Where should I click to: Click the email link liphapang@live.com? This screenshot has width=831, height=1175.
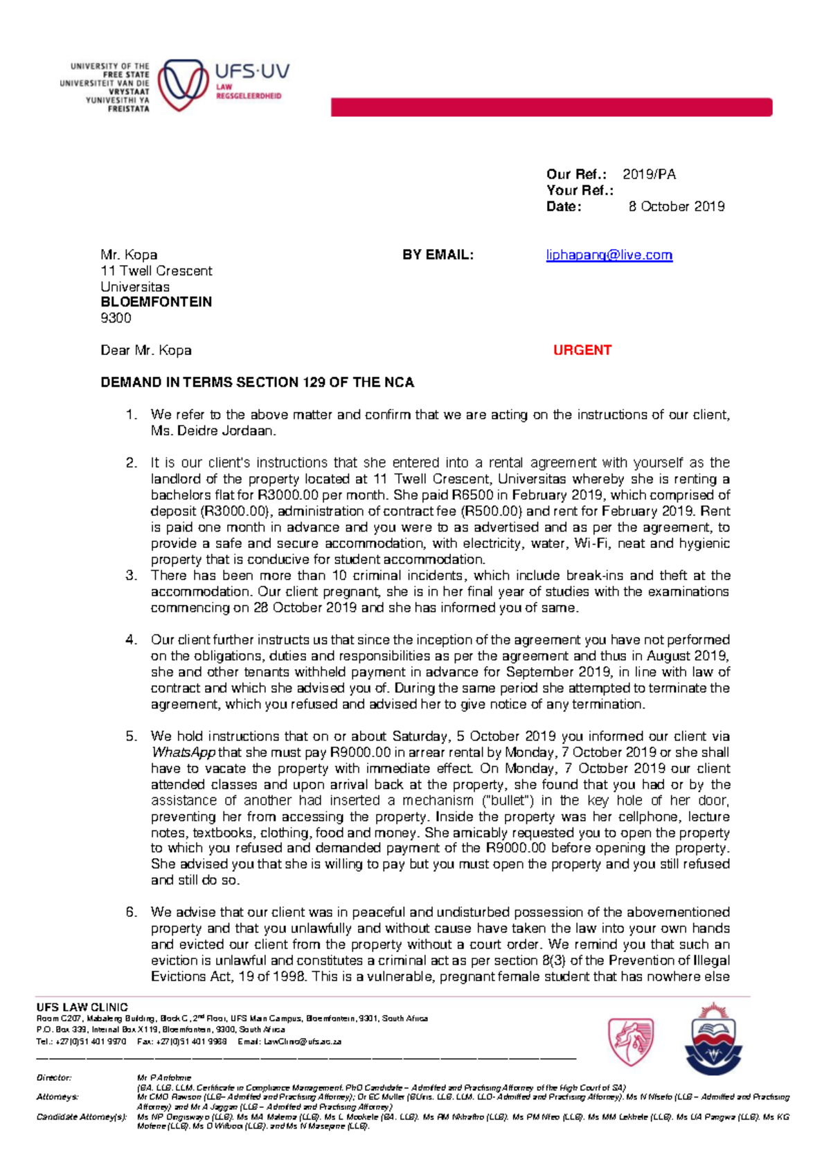pyautogui.click(x=609, y=255)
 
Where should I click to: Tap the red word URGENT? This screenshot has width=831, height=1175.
pyautogui.click(x=582, y=350)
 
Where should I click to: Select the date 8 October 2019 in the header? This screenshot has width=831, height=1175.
pyautogui.click(x=676, y=206)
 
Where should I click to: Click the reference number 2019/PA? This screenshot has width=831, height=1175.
pyautogui.click(x=649, y=174)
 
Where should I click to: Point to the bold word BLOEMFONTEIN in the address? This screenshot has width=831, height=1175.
pyautogui.click(x=156, y=302)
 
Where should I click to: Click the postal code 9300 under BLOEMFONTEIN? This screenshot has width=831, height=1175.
pyautogui.click(x=116, y=318)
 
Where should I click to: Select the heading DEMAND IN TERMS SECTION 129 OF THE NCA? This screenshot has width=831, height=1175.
pyautogui.click(x=257, y=383)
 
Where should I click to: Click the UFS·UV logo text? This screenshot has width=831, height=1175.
pyautogui.click(x=252, y=71)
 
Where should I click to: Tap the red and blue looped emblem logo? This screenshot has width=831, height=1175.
pyautogui.click(x=183, y=85)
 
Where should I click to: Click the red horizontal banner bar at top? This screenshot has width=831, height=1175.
pyautogui.click(x=551, y=107)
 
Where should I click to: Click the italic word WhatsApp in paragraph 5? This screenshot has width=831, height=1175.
pyautogui.click(x=183, y=753)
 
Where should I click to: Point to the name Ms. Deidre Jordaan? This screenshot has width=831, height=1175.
pyautogui.click(x=213, y=431)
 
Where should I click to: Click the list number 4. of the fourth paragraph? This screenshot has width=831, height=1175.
pyautogui.click(x=132, y=640)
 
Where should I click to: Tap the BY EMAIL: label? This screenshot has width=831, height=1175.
pyautogui.click(x=438, y=255)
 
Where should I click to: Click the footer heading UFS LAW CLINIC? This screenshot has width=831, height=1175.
pyautogui.click(x=82, y=1008)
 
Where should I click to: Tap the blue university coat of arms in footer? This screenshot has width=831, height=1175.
pyautogui.click(x=713, y=1038)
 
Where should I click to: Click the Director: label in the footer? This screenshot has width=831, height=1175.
pyautogui.click(x=54, y=1077)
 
